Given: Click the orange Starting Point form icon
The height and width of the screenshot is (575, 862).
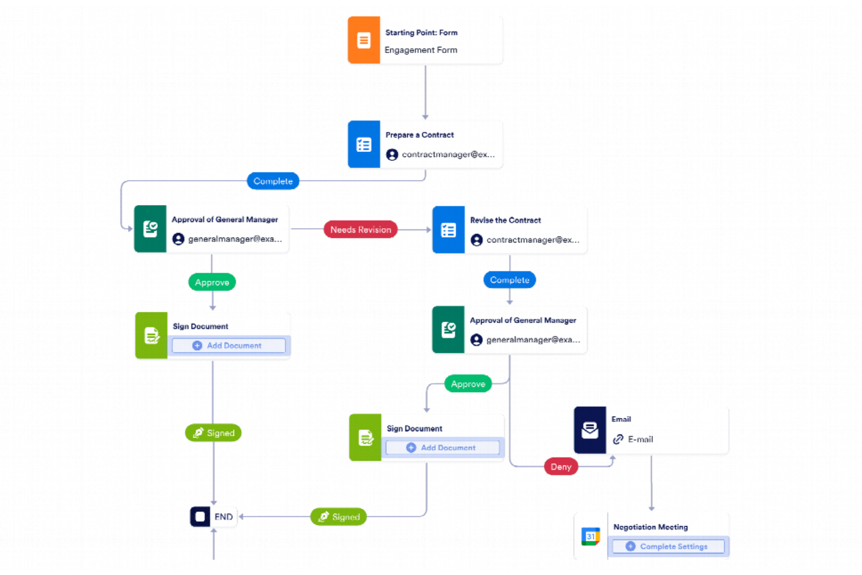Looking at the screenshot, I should tap(363, 40).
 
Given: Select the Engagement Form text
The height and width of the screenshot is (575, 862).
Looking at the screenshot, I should tap(421, 50).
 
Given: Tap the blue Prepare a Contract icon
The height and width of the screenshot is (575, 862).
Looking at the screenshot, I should tap(363, 144).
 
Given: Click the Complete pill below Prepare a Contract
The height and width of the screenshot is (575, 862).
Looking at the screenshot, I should tap(273, 181).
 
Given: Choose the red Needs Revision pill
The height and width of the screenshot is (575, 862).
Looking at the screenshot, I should tap(361, 230).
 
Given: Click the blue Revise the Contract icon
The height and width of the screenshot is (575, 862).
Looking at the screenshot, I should tap(448, 230).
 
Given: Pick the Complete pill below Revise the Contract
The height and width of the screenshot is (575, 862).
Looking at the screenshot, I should tap(509, 280).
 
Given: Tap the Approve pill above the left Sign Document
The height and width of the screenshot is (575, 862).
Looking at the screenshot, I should tap(212, 283).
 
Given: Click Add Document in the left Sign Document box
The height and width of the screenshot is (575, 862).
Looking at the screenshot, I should tap(228, 345).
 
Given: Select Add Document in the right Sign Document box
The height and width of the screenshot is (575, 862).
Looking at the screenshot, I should tap(442, 447).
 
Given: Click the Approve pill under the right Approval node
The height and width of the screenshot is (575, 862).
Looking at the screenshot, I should tap(468, 384).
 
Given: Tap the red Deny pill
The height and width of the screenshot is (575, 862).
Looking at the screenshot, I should tap(560, 467).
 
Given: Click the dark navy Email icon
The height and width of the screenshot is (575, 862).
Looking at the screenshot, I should tap(589, 430).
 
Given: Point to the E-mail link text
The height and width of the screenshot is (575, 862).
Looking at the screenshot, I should tap(640, 439).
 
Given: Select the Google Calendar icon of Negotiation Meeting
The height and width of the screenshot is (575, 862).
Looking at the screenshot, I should tap(591, 536).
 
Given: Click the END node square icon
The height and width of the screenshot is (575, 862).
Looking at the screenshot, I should tap(200, 517).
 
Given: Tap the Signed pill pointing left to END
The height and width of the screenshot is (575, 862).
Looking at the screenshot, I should tap(338, 517).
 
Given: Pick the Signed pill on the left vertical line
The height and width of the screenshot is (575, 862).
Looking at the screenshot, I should tap(213, 433).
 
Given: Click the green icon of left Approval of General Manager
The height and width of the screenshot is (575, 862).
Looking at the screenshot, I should tap(150, 229).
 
